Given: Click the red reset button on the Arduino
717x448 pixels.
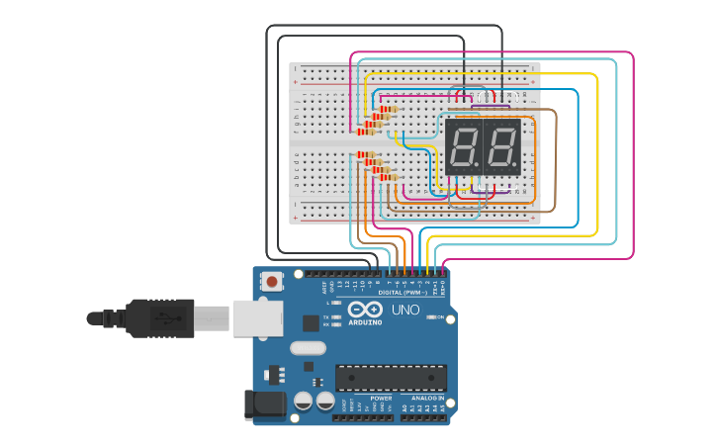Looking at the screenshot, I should pos(272,282).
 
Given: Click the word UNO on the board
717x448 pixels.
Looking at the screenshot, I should pos(406,310).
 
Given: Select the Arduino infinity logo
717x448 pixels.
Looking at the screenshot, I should pos(364,310).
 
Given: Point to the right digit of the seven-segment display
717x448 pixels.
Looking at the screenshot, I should pos(501,147).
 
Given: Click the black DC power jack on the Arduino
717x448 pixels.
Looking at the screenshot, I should pos(264,403).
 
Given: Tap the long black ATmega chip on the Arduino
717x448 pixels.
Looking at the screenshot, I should pos(391,377).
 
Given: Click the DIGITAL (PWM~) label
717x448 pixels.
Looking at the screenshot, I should pos(403,293).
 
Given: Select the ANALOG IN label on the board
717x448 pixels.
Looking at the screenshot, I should pos(427,398).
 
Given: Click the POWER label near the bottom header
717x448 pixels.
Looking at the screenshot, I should pos(381,398).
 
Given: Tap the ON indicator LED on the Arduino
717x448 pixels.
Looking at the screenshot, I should pos(431,316).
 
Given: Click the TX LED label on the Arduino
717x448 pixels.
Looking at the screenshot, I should pos(325,317).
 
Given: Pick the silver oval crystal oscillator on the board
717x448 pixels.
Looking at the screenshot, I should pos(309,347).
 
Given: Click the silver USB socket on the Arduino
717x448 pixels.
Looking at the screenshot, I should pos(257,318).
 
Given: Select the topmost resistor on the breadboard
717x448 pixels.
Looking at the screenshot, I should pos(387,110).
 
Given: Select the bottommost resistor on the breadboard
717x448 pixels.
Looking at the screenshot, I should pos(387,177).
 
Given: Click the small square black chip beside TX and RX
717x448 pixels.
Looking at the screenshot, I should pos(311,322).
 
